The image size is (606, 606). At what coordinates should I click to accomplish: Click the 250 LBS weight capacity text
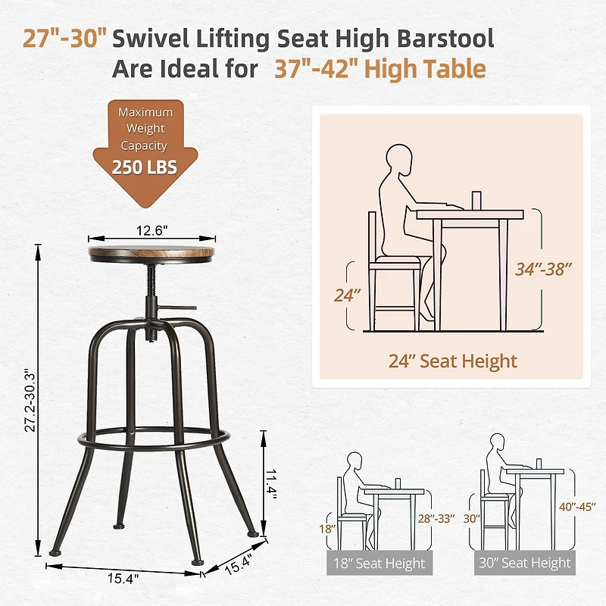coord(145,167)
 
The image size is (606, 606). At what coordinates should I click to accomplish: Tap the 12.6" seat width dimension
coord(151,231)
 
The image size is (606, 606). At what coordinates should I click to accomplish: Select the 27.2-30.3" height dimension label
coord(30,401)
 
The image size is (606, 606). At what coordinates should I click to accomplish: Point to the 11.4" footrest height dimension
coord(271,484)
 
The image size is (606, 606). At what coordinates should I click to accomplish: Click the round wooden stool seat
coord(151,254)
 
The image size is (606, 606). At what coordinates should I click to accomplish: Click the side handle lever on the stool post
coord(177,308)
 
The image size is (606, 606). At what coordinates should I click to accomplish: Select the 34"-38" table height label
coord(543,269)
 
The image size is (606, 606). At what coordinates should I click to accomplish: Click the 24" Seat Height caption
coord(452,361)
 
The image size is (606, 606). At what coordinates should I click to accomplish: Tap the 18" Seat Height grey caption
coord(380,563)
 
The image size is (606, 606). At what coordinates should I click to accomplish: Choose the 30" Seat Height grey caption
coord(524,563)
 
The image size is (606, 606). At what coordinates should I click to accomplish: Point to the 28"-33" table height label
coord(436,518)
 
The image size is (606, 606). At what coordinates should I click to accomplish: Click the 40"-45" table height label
coord(577,507)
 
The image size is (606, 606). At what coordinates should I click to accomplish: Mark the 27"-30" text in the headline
coord(64,39)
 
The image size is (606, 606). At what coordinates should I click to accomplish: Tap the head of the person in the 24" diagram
coord(399,158)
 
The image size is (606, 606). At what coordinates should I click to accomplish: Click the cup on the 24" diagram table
coord(476,201)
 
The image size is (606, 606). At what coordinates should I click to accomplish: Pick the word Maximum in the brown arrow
coord(145,112)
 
